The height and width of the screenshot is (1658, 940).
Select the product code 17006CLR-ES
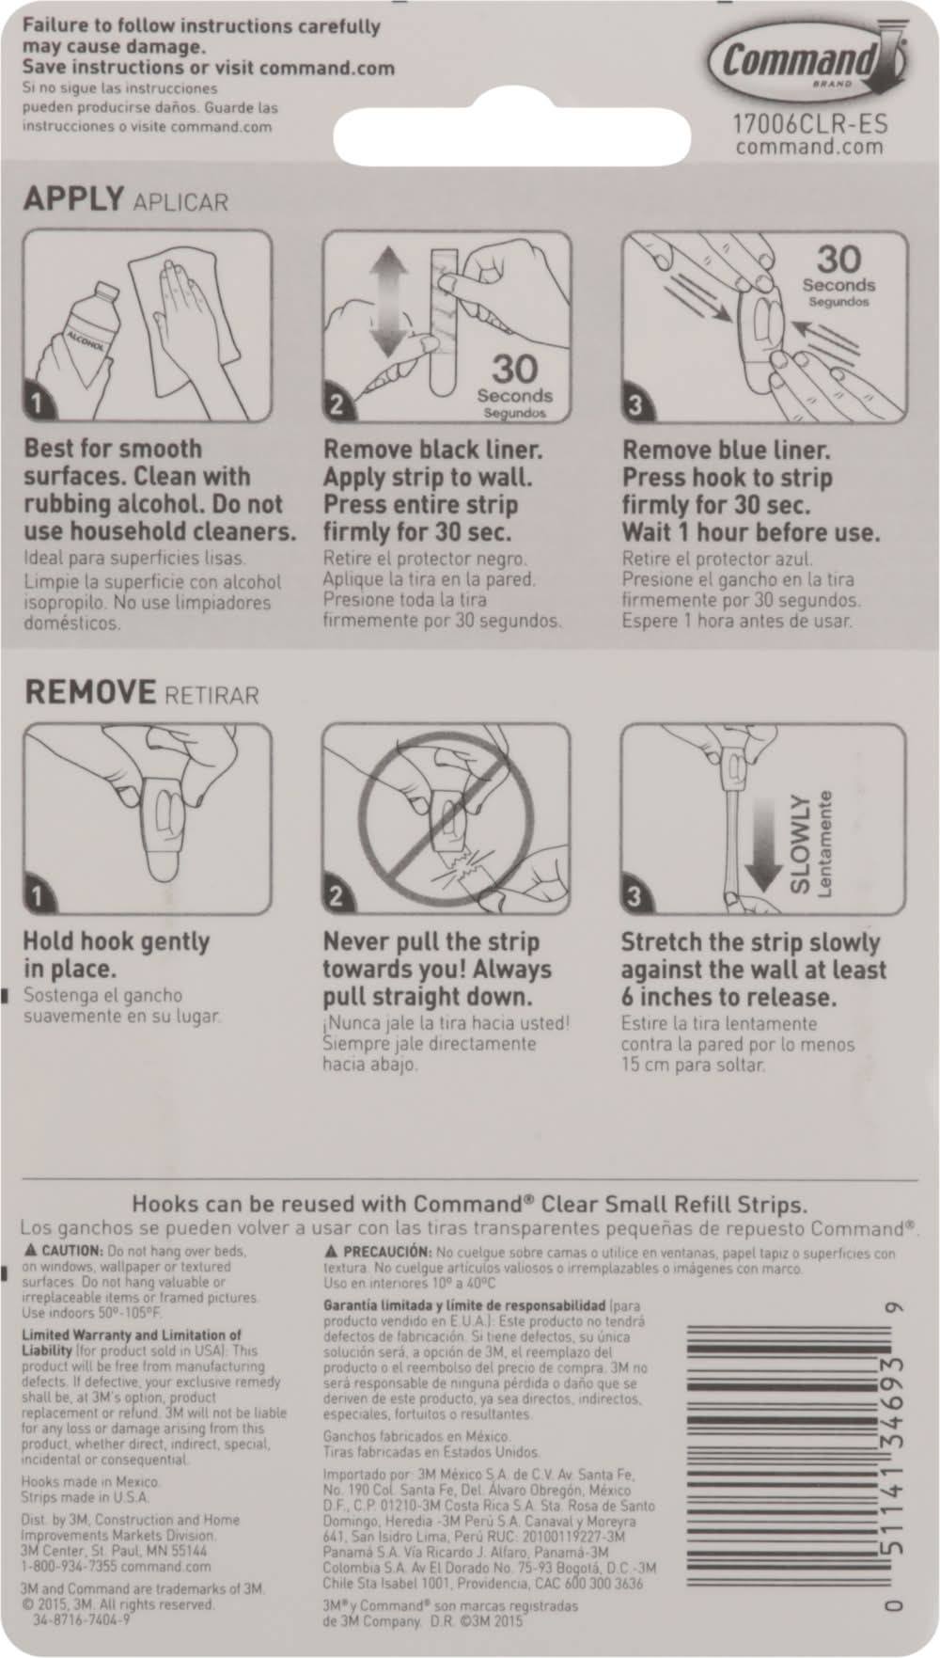pyautogui.click(x=810, y=123)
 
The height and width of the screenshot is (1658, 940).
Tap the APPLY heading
pyautogui.click(x=74, y=198)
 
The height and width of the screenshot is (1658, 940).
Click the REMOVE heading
pyautogui.click(x=90, y=692)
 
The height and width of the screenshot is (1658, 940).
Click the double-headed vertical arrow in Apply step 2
pyautogui.click(x=386, y=303)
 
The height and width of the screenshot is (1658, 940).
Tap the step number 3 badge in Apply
pyautogui.click(x=635, y=405)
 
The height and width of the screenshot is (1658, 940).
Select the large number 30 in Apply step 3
pyautogui.click(x=838, y=259)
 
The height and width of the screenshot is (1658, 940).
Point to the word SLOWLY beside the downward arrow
pyautogui.click(x=799, y=843)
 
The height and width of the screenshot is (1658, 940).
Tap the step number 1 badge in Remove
pyautogui.click(x=37, y=896)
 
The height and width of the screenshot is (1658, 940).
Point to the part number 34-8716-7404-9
pyautogui.click(x=81, y=1619)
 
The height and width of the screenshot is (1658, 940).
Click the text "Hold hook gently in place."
pyautogui.click(x=116, y=955)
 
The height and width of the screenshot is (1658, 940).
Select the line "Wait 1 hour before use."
pyautogui.click(x=751, y=532)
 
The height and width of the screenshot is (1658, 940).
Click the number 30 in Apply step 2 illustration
pyautogui.click(x=514, y=370)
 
